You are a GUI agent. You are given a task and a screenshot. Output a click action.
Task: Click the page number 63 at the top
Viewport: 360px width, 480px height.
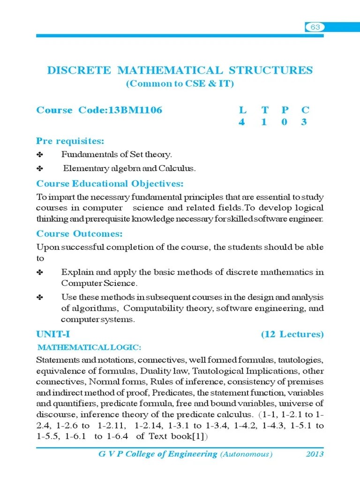pyautogui.click(x=315, y=27)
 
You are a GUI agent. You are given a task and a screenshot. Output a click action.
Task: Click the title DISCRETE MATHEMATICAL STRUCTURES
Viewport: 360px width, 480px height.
pyautogui.click(x=180, y=70)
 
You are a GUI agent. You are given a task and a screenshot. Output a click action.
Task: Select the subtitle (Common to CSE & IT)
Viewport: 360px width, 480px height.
pyautogui.click(x=180, y=84)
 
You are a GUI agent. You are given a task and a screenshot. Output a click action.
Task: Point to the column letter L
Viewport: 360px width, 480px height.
pyautogui.click(x=242, y=110)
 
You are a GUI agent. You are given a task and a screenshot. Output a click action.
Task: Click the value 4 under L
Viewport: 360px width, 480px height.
pyautogui.click(x=242, y=123)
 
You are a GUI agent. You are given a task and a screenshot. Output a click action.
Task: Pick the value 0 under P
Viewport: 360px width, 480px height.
pyautogui.click(x=285, y=123)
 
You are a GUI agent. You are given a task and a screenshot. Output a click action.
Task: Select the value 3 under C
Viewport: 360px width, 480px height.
pyautogui.click(x=305, y=123)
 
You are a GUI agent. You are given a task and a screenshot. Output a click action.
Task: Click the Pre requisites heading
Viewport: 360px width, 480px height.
pyautogui.click(x=70, y=141)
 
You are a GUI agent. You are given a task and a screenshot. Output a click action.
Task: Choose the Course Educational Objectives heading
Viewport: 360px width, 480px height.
pyautogui.click(x=110, y=183)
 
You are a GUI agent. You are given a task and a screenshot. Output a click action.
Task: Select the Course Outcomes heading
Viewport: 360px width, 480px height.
pyautogui.click(x=80, y=233)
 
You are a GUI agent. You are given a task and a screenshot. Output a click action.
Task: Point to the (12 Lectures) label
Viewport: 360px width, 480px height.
pyautogui.click(x=292, y=334)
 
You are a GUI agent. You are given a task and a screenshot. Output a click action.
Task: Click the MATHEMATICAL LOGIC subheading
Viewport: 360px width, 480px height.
pyautogui.click(x=90, y=347)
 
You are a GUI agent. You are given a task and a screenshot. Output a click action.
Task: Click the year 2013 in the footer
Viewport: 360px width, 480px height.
pyautogui.click(x=315, y=454)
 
